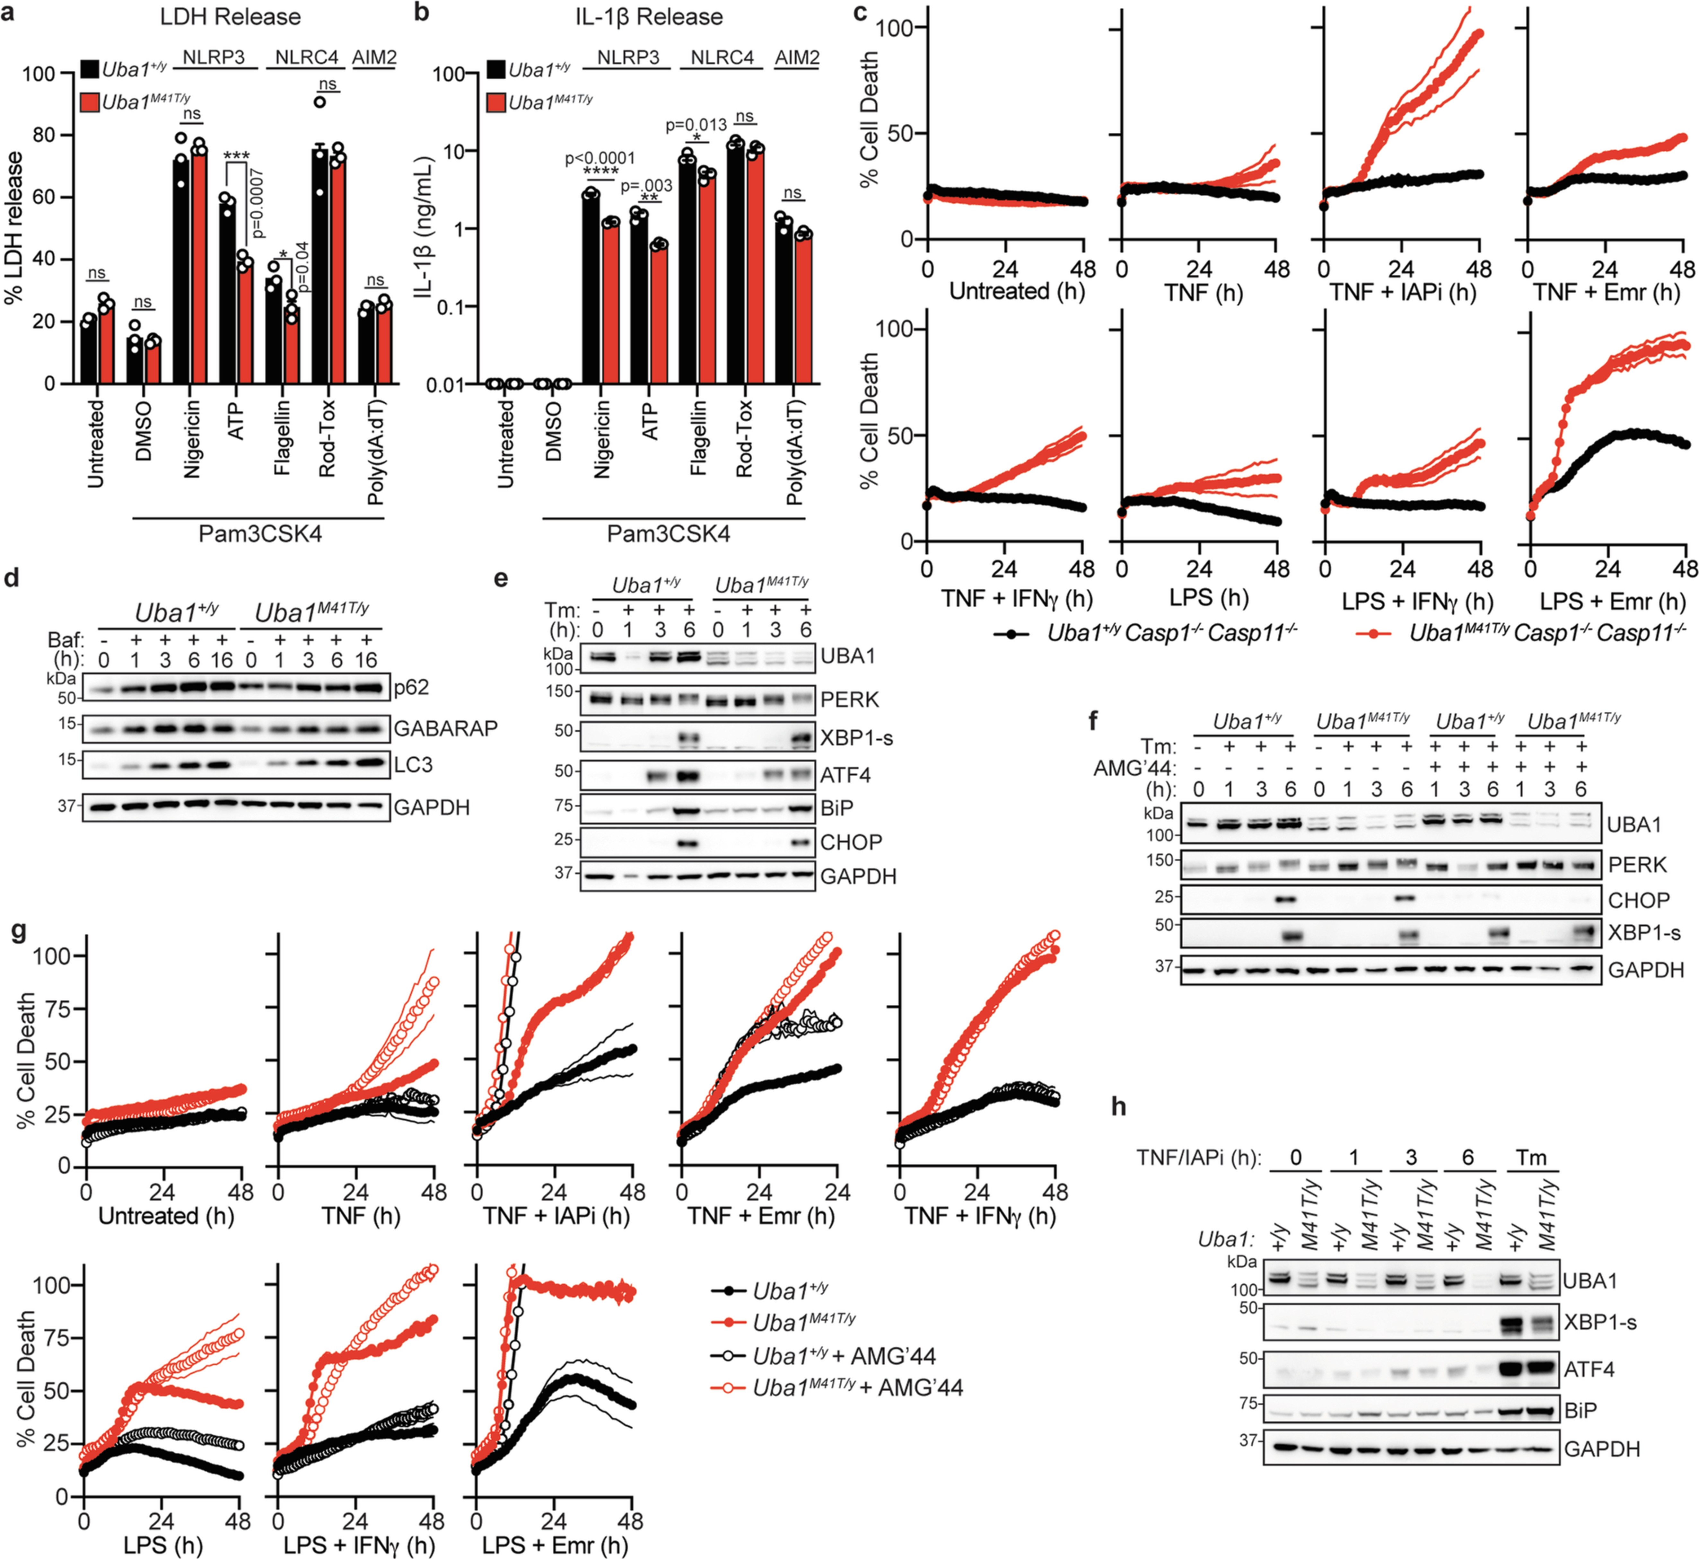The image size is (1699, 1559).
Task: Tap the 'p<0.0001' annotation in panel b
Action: (600, 158)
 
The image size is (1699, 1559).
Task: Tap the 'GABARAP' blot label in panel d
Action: (445, 728)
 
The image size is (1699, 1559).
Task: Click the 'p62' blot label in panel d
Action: (412, 688)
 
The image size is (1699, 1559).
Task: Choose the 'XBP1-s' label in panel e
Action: (856, 738)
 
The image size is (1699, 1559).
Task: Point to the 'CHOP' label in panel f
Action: (1638, 900)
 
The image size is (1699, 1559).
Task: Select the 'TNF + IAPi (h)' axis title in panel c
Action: (1402, 293)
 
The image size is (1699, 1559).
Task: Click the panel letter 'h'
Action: (1119, 1106)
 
